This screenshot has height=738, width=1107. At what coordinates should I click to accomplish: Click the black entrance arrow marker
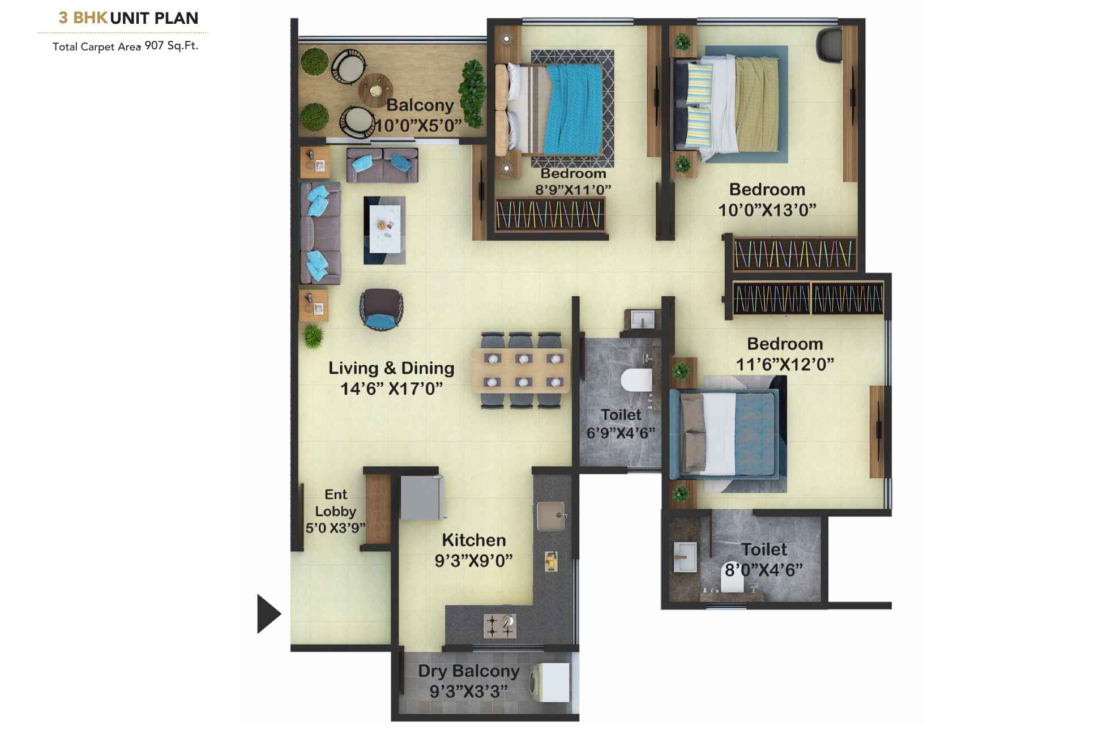[268, 613]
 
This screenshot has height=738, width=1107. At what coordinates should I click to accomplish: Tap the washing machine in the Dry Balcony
[550, 682]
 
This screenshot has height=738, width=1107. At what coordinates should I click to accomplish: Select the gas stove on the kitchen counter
[500, 626]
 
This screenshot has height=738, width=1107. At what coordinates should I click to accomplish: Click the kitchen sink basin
[550, 515]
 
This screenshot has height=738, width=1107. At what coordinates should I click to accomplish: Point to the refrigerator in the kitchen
[421, 497]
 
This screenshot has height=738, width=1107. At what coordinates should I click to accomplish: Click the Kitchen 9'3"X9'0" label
[473, 550]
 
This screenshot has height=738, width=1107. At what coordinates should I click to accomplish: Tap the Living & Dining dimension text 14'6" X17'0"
[391, 389]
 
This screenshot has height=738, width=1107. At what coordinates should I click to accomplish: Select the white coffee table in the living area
[385, 229]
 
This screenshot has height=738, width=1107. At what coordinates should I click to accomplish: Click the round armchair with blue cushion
[381, 309]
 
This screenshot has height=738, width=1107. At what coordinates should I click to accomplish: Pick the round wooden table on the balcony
[375, 89]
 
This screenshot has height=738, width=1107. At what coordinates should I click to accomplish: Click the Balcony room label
[420, 105]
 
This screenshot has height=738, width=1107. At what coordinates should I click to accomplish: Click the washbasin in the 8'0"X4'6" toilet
[685, 557]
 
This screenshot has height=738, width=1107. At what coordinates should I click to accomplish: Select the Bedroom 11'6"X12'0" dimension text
[784, 364]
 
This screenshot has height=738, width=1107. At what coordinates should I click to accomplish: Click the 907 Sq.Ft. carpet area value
[171, 45]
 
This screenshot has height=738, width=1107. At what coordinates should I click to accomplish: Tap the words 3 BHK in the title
[83, 18]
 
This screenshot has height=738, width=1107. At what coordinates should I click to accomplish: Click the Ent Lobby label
[335, 503]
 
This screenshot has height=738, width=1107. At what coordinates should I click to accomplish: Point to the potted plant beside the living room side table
[313, 336]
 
